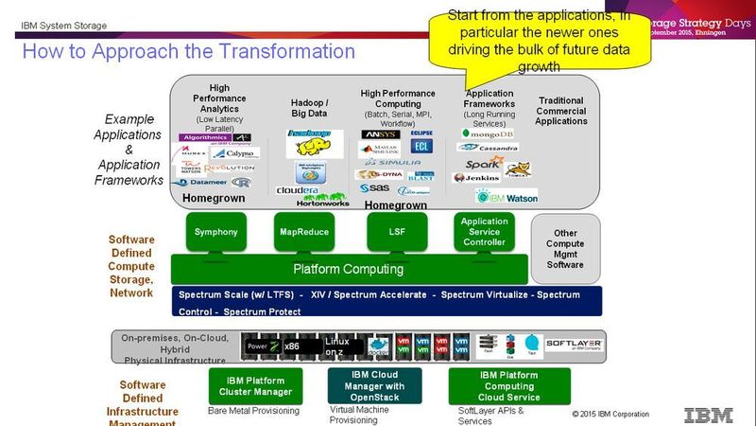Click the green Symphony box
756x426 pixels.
tap(215, 232)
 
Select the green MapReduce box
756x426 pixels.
tap(303, 232)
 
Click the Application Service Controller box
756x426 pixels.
tap(484, 232)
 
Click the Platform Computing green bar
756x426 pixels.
tap(348, 269)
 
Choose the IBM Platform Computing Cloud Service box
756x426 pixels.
tap(509, 385)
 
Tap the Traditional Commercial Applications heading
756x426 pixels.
tap(561, 111)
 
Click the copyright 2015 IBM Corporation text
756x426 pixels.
tap(610, 414)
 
